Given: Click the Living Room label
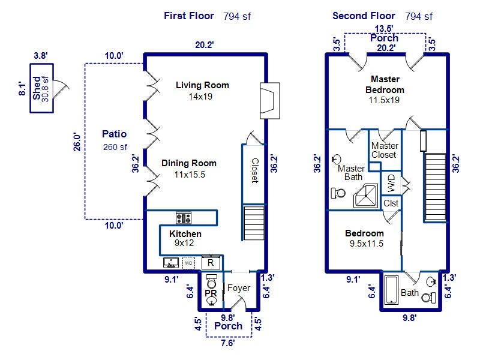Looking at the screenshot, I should (x=202, y=85).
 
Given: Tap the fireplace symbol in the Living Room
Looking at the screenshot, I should (x=266, y=101).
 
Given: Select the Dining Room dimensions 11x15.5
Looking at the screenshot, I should (x=188, y=174).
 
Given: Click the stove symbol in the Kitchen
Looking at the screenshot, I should (x=183, y=218).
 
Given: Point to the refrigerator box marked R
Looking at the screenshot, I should (x=211, y=262).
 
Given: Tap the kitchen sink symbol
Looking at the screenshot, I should (x=171, y=263).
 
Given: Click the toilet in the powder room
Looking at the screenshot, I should (x=211, y=282).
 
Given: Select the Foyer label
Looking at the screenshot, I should (x=238, y=288).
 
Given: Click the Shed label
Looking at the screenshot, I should (x=37, y=88).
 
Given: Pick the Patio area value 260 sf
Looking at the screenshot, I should (x=114, y=147).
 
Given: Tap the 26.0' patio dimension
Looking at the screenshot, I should (x=77, y=142).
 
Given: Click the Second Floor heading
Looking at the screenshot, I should (x=364, y=16).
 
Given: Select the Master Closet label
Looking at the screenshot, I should (x=384, y=150).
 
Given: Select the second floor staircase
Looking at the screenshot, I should (x=435, y=187).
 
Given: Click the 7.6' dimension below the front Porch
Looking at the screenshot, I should (x=227, y=343).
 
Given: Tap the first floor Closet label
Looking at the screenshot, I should (x=254, y=171).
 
